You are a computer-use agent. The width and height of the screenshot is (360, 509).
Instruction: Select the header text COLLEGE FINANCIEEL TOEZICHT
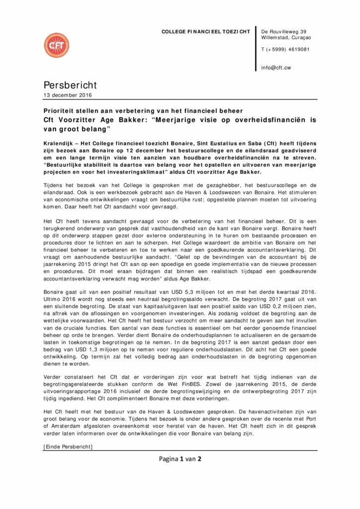[205, 31]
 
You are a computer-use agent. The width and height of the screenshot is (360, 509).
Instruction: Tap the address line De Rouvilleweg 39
[283, 31]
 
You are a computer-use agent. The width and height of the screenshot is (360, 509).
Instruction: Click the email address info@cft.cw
[275, 68]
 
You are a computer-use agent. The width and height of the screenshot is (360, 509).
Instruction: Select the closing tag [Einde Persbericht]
[68, 447]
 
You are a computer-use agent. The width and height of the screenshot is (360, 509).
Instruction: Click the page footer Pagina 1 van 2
[180, 458]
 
